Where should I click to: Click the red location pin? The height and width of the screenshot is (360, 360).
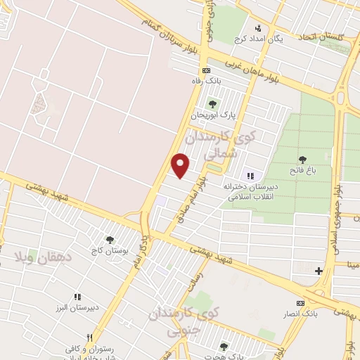(x=181, y=165)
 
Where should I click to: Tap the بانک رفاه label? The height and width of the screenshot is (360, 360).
(x=207, y=82)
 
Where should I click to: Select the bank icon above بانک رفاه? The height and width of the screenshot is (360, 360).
(x=206, y=71)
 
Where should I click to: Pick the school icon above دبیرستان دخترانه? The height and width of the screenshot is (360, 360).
(x=249, y=176)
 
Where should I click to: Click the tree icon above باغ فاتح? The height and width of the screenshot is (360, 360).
(x=303, y=160)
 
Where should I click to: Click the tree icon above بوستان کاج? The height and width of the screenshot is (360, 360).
(x=109, y=240)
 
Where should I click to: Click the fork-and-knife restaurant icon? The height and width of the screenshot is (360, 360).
(x=89, y=337)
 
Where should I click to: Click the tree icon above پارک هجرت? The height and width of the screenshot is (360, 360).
(x=224, y=347)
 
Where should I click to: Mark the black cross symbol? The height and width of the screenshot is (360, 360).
(x=319, y=271)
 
